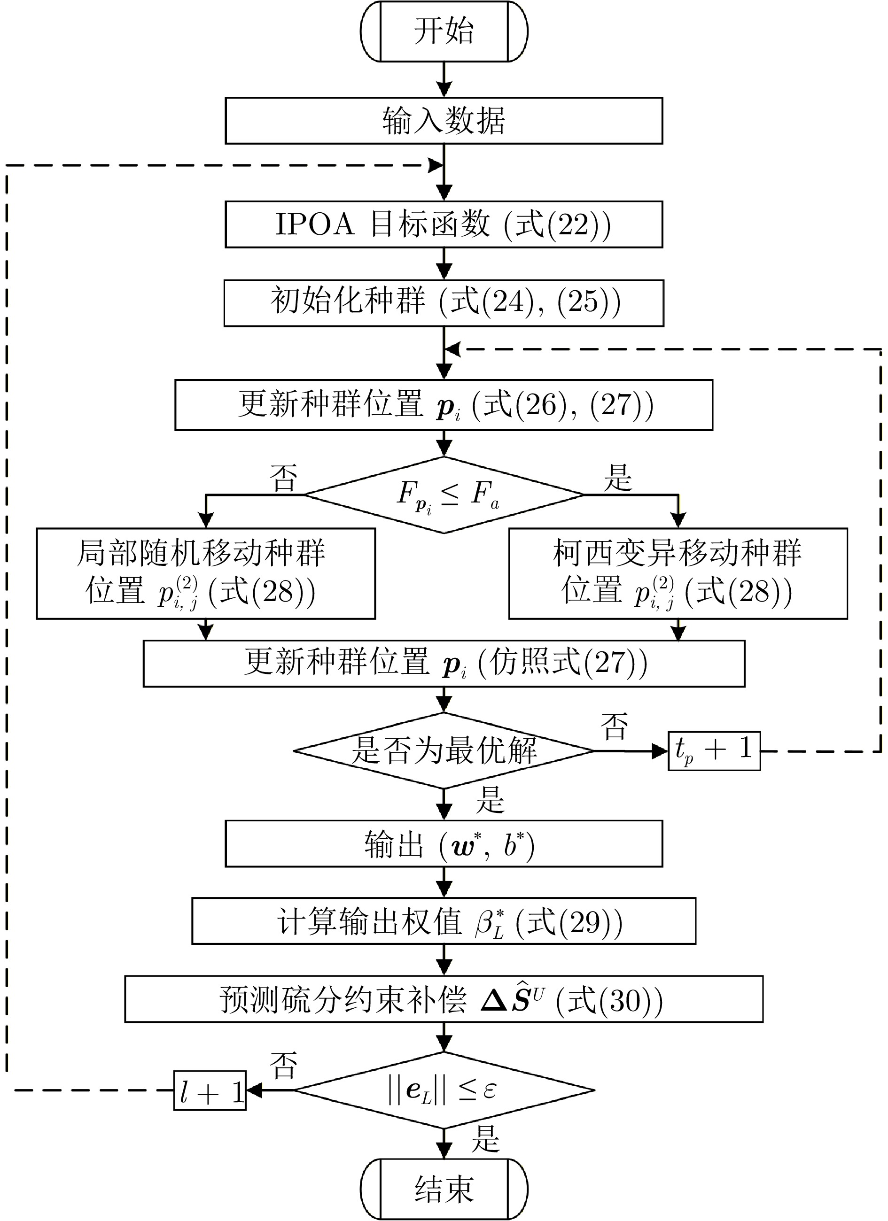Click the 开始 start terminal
pos(444,31)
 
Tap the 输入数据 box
pos(444,121)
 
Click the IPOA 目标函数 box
pos(444,224)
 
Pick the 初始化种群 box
pos(444,303)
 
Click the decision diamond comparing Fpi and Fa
pos(444,495)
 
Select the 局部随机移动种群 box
pos(206,573)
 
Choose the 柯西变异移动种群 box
pos(678,573)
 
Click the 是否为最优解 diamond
pos(444,750)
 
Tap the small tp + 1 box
pos(714,750)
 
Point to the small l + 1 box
pos(210,1090)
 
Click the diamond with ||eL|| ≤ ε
pos(444,1090)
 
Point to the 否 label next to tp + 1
pos(614,726)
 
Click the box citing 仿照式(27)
pos(444,663)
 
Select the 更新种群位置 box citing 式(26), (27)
pos(444,405)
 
